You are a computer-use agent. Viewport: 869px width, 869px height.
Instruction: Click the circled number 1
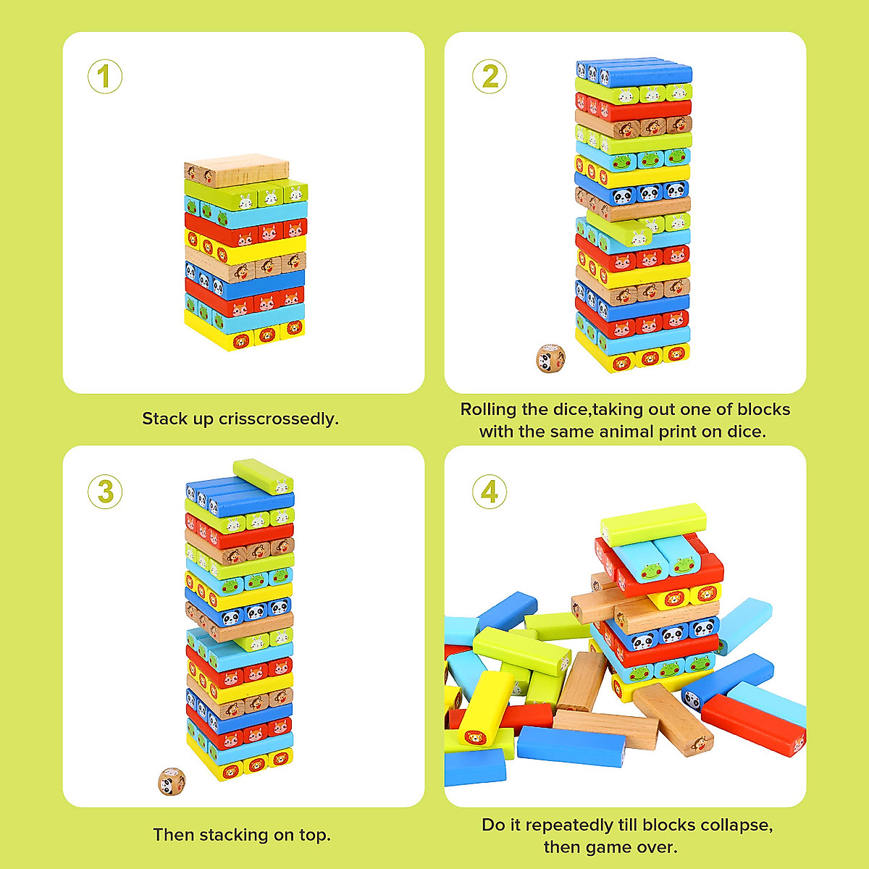point(105,77)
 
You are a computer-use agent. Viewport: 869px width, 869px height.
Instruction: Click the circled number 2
point(490,77)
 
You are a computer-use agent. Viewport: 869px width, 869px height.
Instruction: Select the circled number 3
point(105,492)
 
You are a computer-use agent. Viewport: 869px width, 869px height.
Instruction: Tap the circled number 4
point(490,492)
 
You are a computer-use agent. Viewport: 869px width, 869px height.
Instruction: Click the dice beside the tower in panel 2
point(551,358)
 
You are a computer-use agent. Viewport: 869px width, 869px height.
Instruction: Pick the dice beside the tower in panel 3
point(172,781)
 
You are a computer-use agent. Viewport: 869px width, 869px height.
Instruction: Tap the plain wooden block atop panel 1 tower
point(237,169)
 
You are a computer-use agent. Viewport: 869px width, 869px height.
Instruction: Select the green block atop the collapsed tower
point(653,524)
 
